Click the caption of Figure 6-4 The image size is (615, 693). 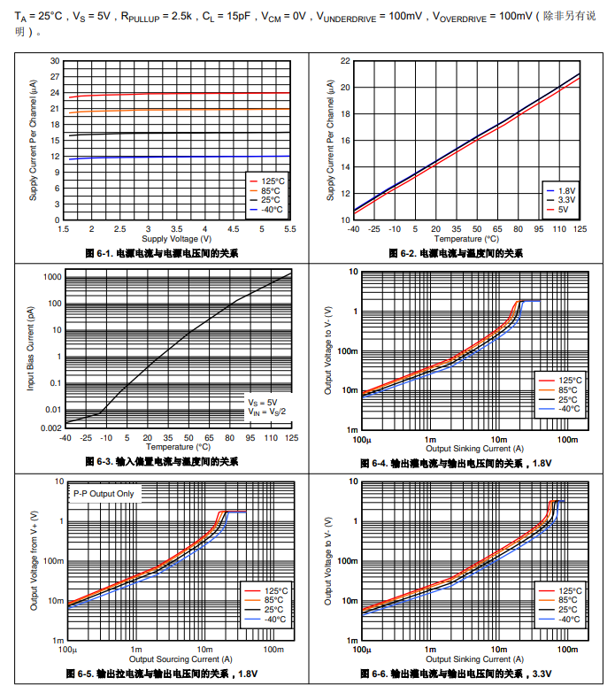(x=456, y=463)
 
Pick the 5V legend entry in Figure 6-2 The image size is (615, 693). (x=563, y=210)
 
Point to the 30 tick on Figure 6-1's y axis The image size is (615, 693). (x=54, y=61)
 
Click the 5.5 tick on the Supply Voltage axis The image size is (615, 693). (x=289, y=229)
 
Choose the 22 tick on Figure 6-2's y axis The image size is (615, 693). (x=346, y=61)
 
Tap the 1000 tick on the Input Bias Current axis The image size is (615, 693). (x=52, y=277)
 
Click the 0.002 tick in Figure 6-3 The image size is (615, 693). (x=51, y=427)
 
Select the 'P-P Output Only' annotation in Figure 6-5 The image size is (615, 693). (x=105, y=493)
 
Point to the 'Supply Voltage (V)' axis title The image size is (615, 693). (x=177, y=239)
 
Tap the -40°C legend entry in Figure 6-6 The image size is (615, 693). (x=567, y=620)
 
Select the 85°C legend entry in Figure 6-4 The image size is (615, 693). (x=568, y=389)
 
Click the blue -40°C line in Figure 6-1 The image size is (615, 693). (x=177, y=157)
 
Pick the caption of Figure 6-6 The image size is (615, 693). (x=456, y=674)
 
